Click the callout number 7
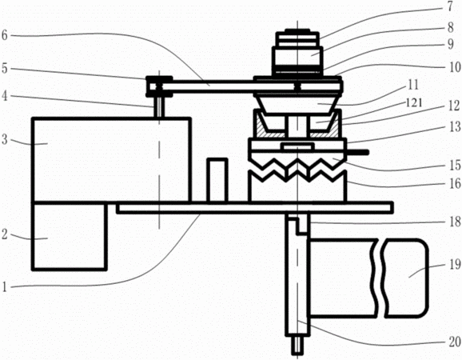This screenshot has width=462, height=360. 450,7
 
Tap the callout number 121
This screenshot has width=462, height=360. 414,102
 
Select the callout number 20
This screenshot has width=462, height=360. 454,342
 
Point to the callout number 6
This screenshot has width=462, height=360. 5,36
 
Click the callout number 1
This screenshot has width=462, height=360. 4,286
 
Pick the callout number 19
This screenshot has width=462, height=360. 455,265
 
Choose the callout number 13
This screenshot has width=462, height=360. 455,126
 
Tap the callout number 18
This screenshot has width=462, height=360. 455,222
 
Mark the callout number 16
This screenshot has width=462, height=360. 455,183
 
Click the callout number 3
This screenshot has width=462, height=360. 5,139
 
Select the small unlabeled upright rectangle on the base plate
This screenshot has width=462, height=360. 217,181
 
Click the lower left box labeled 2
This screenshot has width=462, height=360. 70,236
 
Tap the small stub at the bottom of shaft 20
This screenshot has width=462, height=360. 297,346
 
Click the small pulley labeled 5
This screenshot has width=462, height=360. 159,86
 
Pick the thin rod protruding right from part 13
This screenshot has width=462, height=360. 358,152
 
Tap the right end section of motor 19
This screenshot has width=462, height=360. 406,278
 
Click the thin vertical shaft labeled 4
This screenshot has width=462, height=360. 159,107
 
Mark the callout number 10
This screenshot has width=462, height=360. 456,67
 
